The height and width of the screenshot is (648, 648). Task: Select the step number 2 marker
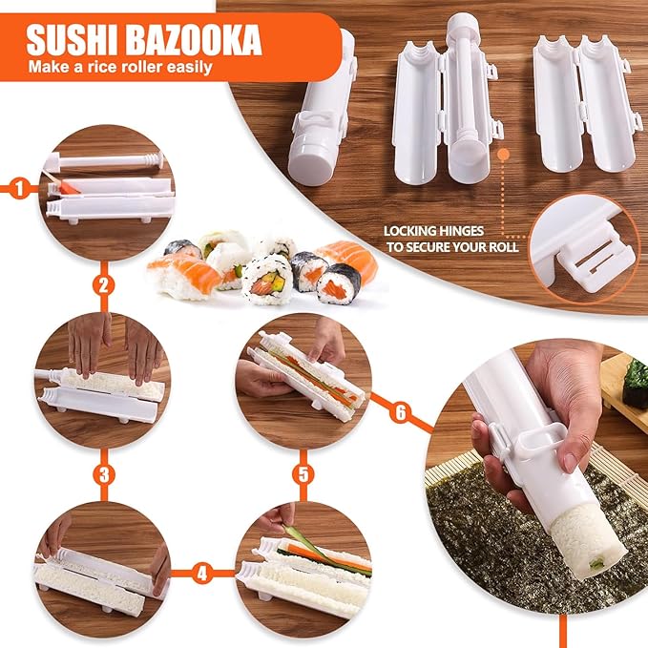[105, 284]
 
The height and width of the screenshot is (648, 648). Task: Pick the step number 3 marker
[105, 472]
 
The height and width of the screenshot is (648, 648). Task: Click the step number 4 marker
[201, 575]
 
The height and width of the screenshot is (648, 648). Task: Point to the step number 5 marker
[303, 472]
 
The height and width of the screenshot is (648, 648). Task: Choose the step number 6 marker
[400, 412]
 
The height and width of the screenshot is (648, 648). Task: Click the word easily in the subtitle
[186, 69]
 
